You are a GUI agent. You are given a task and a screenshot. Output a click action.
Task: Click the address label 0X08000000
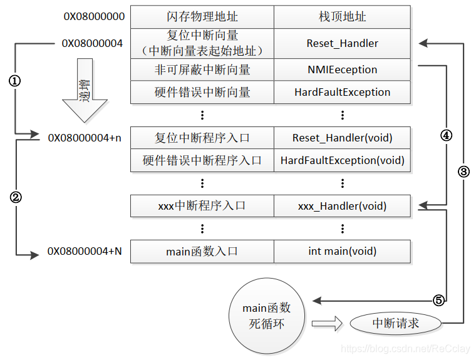pos(94,16)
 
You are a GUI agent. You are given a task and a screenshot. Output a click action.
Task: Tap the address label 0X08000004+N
pos(85,252)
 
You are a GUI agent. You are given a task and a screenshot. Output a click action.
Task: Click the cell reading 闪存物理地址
pos(202,17)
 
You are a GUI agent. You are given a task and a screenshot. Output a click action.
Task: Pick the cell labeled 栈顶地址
pos(342,17)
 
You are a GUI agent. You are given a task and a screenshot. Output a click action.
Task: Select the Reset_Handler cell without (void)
pos(342,43)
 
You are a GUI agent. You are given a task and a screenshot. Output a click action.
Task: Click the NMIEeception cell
pos(342,69)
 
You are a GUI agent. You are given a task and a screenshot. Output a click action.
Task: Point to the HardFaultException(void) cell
pos(342,160)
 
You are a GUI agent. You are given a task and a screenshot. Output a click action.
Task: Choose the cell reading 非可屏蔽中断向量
pos(202,69)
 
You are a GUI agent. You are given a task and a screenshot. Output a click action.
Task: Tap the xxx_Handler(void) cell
pos(342,205)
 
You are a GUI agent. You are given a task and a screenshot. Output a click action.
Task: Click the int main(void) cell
pos(342,251)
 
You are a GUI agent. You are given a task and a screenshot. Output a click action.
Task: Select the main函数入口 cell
pos(202,251)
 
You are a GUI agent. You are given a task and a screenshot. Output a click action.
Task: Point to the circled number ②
pos(15,197)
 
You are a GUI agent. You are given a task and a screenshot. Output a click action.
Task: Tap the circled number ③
pos(463,172)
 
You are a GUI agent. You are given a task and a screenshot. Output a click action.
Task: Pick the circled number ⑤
pos(438,301)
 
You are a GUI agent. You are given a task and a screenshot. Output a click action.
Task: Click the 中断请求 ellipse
pos(395,323)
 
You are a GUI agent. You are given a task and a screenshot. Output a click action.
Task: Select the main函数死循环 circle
pos(267,316)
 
